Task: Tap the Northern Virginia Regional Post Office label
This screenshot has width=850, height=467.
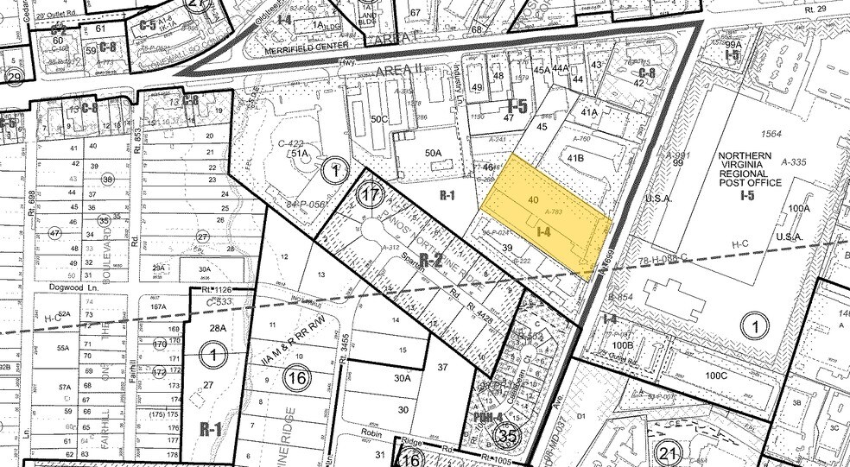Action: pyautogui.click(x=749, y=170)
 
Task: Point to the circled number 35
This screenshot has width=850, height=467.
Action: pyautogui.click(x=507, y=437)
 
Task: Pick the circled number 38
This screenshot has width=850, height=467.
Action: pyautogui.click(x=108, y=180)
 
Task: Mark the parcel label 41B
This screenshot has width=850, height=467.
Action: pyautogui.click(x=574, y=159)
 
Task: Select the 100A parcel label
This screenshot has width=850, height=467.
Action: pyautogui.click(x=798, y=208)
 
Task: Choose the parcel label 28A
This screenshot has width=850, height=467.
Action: pyautogui.click(x=218, y=328)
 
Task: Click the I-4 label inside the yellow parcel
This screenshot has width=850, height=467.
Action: pyautogui.click(x=544, y=232)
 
